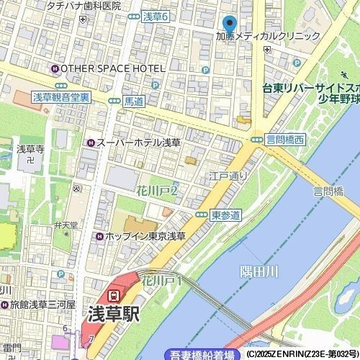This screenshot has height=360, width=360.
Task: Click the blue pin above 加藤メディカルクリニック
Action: point(230,24)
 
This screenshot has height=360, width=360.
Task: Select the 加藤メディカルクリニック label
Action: point(268,36)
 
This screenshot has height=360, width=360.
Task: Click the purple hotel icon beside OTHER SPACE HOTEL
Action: point(55,68)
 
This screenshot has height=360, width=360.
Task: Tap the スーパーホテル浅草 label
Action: point(138,143)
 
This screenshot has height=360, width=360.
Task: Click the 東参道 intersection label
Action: point(225,215)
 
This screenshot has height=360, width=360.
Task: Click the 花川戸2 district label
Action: point(157,191)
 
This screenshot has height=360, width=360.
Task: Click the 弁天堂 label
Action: point(66,225)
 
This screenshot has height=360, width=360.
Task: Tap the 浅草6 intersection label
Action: point(155,17)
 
